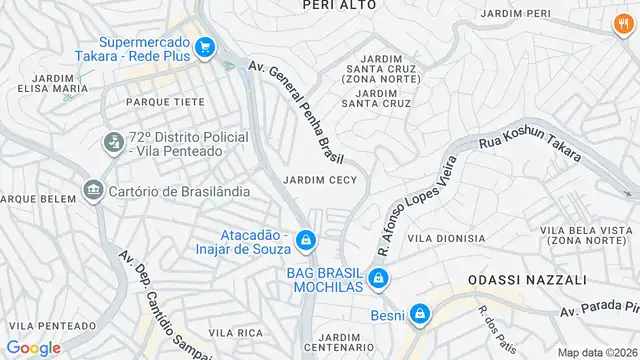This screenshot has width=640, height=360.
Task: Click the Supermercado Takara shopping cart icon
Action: click(205, 46)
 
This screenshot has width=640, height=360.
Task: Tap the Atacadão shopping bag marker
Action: click(307, 240)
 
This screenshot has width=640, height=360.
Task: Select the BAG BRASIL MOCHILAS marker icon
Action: click(378, 278)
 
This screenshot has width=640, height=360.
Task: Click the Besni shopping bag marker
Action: click(422, 315)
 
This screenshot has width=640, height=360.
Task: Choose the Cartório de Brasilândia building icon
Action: click(94, 190)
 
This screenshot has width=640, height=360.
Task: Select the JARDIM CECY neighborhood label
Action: click(320, 180)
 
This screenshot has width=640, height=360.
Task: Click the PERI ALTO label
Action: click(339, 5)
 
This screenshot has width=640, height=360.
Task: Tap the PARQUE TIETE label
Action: click(165, 102)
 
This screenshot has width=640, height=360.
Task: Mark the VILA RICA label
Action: click(236, 331)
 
